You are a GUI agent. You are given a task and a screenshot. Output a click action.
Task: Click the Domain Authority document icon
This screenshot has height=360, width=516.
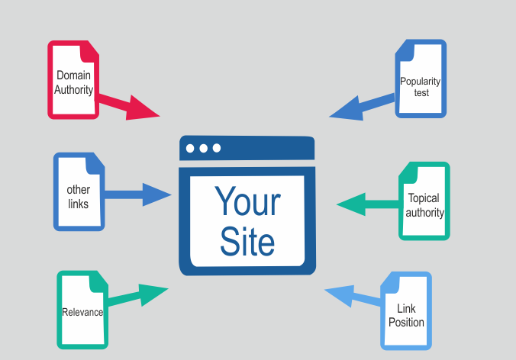pos(73,79)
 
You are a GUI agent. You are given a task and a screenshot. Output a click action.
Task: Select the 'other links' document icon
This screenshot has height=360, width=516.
pos(78,191)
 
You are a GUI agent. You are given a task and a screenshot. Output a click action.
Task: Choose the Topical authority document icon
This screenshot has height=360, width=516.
pos(424,201)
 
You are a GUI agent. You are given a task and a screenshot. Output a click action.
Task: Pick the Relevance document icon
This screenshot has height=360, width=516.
pos(82,310)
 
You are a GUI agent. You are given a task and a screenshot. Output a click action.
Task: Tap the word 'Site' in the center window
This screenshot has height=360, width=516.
pos(247,242)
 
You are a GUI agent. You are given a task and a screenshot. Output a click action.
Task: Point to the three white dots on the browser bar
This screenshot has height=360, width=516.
pos(203,148)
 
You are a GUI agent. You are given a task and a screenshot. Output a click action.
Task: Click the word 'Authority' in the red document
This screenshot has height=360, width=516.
pos(73,90)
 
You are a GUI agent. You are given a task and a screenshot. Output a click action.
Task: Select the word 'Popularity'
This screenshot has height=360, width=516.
pos(421,82)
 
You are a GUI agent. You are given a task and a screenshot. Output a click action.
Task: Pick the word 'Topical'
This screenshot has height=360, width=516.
pos(424,198)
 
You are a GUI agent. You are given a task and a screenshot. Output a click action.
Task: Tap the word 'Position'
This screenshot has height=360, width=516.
pos(406,322)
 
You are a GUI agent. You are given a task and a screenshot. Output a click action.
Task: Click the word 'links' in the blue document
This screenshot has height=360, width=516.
pos(78,204)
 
